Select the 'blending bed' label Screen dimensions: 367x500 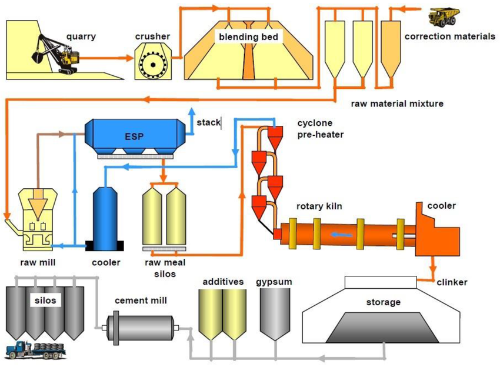(x=248, y=37)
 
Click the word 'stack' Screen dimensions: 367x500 (x=208, y=122)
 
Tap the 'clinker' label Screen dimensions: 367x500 (x=452, y=282)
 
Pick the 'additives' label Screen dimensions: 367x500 (x=223, y=282)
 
